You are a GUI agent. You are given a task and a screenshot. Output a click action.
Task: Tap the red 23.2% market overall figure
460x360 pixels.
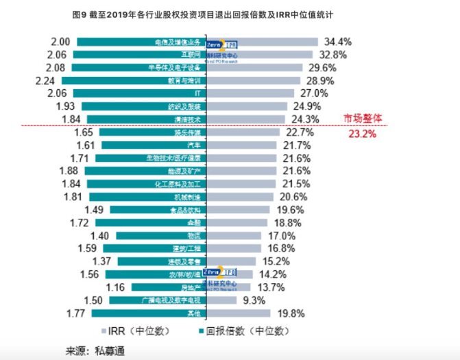coord(363,134)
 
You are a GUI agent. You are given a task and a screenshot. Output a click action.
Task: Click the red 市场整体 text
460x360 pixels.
coord(363,119)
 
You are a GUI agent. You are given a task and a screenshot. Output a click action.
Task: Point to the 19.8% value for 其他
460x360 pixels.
coord(291,313)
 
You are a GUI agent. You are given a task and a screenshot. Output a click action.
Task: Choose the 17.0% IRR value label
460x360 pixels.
coord(282,236)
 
